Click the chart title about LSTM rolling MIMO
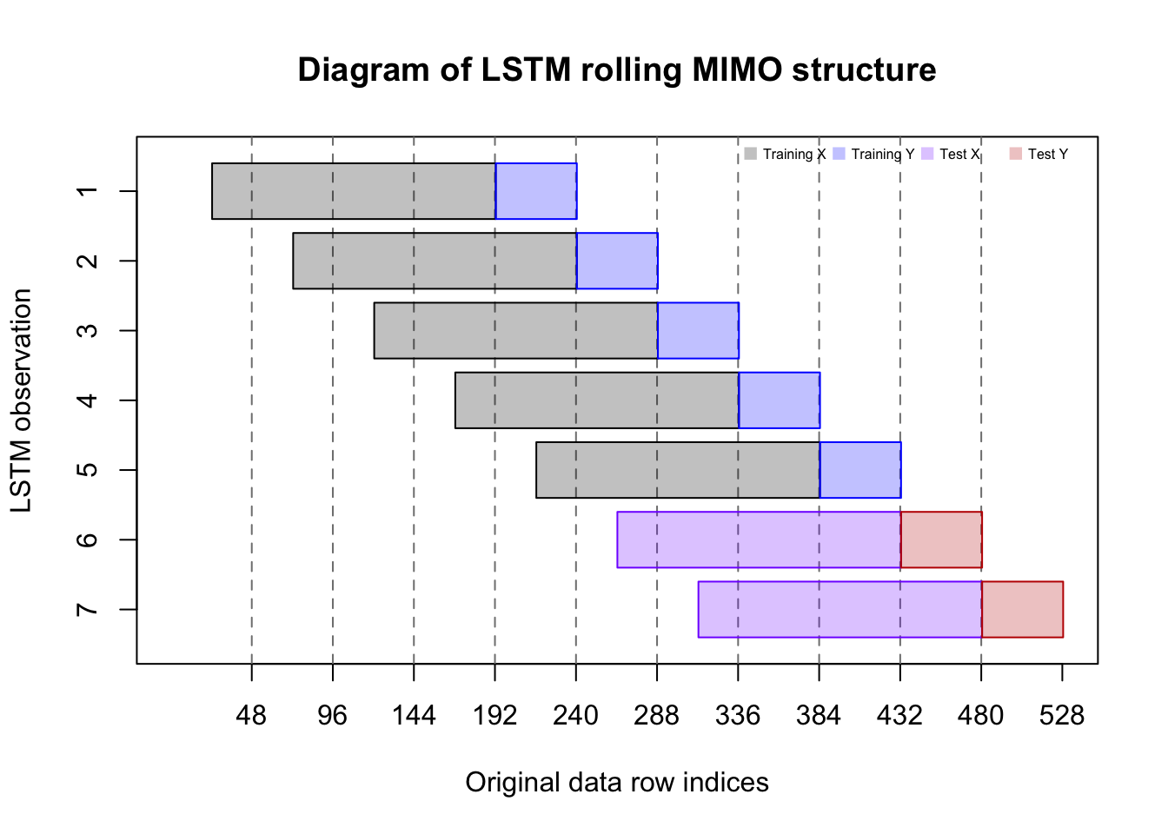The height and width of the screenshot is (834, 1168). coord(616,70)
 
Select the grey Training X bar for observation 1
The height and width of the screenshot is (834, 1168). coord(354,191)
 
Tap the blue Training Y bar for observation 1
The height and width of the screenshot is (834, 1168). coord(535,191)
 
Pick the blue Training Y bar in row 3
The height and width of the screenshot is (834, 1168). coord(698,330)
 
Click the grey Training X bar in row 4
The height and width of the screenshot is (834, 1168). coord(597,400)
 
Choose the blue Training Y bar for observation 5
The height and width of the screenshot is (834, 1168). coord(860,470)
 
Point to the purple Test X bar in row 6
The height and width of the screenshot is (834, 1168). coord(759,539)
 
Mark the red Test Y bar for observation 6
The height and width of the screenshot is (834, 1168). coord(941,539)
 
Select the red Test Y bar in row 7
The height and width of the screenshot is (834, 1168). coord(1022,609)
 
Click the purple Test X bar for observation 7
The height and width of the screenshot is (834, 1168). coord(839,609)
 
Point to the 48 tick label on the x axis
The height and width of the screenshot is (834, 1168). coord(251,716)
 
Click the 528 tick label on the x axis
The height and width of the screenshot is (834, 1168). coord(1062,716)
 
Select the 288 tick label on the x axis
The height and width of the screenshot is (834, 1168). coord(656,716)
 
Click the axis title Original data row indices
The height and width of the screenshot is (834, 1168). coord(616,783)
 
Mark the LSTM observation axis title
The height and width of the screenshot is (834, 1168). coord(22,400)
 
